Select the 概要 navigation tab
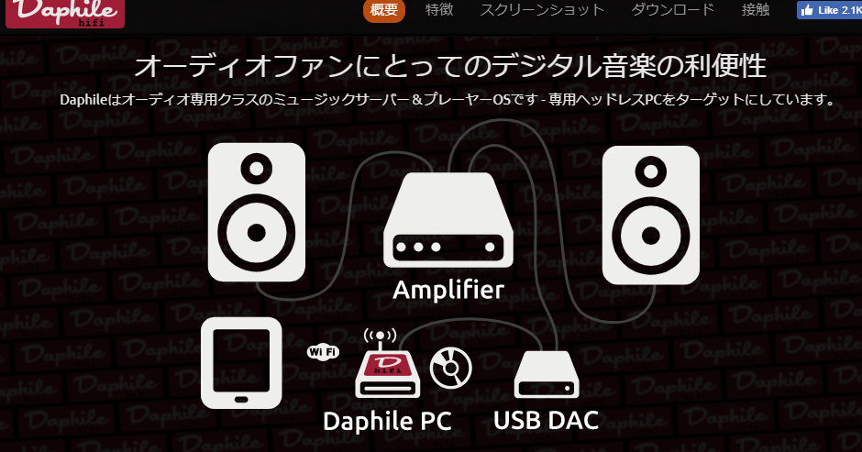pos(384,10)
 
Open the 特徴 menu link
pos(439,10)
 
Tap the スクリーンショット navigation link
pos(543,10)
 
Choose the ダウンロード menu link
pos(672,10)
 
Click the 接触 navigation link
pos(756,10)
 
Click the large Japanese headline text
pos(449,67)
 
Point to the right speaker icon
pos(649,213)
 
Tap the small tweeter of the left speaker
pos(256,171)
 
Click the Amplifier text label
pos(448,291)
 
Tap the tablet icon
pos(241,362)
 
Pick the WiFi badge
pos(323,351)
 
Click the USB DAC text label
pos(546,421)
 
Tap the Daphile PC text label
pos(387,421)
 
